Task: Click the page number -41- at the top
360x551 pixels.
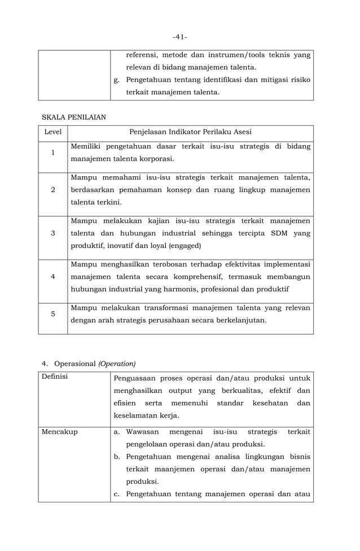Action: [x=180, y=37]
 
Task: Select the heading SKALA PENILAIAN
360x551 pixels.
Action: [x=74, y=117]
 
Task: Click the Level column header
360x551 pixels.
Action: [x=53, y=132]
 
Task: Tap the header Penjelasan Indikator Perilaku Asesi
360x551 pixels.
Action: [x=190, y=132]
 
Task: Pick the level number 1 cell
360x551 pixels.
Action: [x=53, y=153]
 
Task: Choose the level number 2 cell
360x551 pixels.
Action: [x=53, y=190]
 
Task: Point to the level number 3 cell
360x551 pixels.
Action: [x=53, y=233]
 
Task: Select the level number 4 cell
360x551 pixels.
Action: [x=53, y=277]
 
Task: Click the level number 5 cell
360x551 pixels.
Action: [x=53, y=314]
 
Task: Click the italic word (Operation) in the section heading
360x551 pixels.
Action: [x=117, y=363]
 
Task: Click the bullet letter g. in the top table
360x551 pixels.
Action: [x=117, y=80]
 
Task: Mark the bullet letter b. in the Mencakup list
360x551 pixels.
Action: [x=117, y=456]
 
